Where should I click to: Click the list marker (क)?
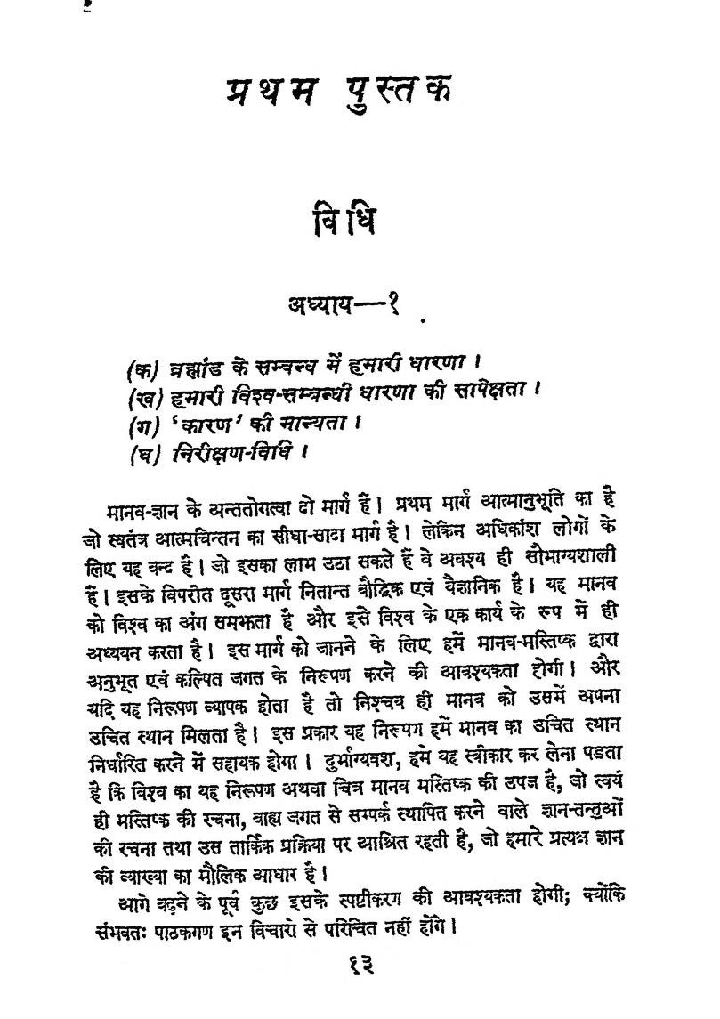(x=142, y=365)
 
